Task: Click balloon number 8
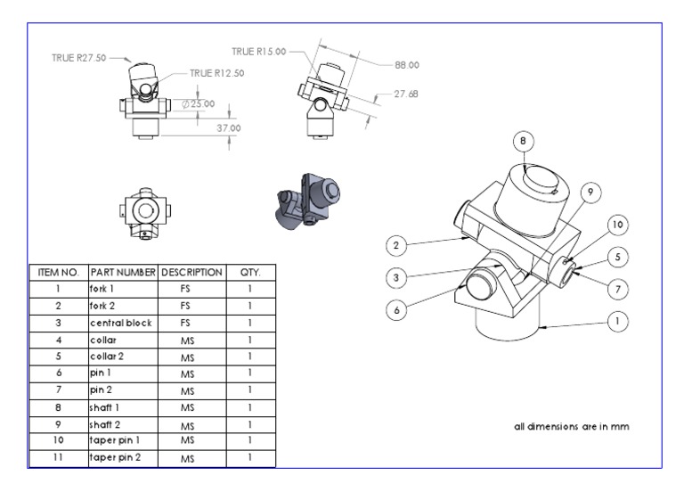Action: pyautogui.click(x=524, y=141)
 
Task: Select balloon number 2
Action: pyautogui.click(x=397, y=244)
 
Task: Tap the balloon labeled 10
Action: pyautogui.click(x=619, y=225)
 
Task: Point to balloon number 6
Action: pyautogui.click(x=397, y=309)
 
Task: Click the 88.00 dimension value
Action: pyautogui.click(x=406, y=65)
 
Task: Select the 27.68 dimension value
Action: pyautogui.click(x=405, y=94)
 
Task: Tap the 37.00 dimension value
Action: pyautogui.click(x=229, y=128)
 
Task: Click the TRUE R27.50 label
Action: pyautogui.click(x=78, y=58)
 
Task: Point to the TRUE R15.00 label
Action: pyautogui.click(x=259, y=52)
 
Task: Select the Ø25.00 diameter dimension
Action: pyautogui.click(x=198, y=104)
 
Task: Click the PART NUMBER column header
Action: pyautogui.click(x=122, y=271)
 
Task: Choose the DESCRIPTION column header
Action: pyautogui.click(x=191, y=271)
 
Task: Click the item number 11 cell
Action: pyautogui.click(x=57, y=458)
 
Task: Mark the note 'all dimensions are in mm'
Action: pyautogui.click(x=571, y=426)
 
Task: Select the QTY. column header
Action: pyautogui.click(x=250, y=271)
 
